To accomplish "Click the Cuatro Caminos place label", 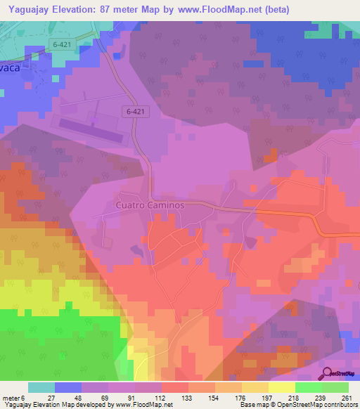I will point(148,205).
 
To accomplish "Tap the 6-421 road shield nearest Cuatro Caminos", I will point(138,111).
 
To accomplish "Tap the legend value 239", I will point(319,397).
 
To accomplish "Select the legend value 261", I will point(347,397).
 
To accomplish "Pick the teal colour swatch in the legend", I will point(41,387).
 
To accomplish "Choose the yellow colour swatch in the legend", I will point(282,387).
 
